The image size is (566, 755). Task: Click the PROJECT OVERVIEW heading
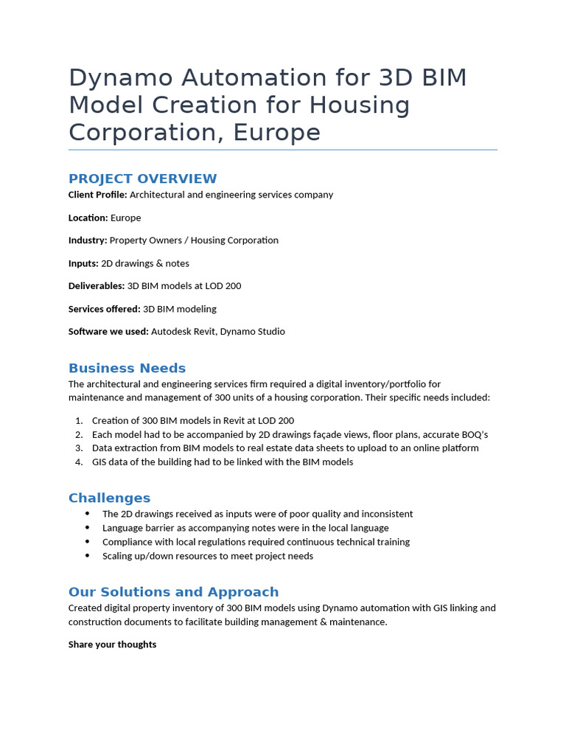142,178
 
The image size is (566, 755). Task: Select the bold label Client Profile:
97,195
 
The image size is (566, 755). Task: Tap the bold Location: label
88,218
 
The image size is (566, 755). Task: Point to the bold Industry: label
88,240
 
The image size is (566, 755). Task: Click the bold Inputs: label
83,263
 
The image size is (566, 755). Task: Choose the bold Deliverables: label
97,286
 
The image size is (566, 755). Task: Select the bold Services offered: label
104,309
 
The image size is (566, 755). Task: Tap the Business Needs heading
127,368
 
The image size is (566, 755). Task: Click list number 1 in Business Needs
79,420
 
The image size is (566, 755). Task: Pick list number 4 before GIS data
79,462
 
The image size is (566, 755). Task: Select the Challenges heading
109,498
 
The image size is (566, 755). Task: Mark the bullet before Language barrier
88,528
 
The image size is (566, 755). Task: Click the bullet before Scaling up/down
88,556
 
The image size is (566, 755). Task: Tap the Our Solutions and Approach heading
173,592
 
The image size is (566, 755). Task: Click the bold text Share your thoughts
112,644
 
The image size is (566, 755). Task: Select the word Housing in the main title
359,105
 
